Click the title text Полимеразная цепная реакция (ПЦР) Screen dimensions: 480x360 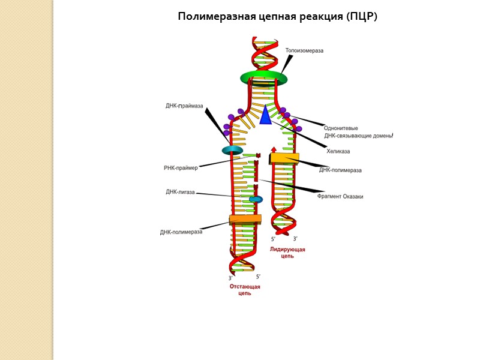[277, 16]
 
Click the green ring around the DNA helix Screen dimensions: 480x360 [264, 78]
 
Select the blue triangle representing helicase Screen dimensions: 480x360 [265, 115]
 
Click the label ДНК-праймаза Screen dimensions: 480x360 [185, 106]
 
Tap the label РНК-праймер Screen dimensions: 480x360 [181, 168]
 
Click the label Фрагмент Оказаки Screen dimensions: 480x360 [340, 196]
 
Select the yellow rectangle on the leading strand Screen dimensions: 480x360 [284, 158]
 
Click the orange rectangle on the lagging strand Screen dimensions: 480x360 [245, 219]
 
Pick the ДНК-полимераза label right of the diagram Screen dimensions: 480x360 [340, 170]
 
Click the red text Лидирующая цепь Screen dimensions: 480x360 [287, 253]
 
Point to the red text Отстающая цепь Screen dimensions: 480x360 [245, 290]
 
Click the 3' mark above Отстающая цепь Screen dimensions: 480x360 [230, 278]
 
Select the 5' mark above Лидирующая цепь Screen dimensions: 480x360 [274, 239]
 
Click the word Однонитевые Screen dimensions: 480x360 [341, 128]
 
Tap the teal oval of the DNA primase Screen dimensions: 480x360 [232, 150]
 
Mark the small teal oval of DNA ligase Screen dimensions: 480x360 [256, 199]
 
